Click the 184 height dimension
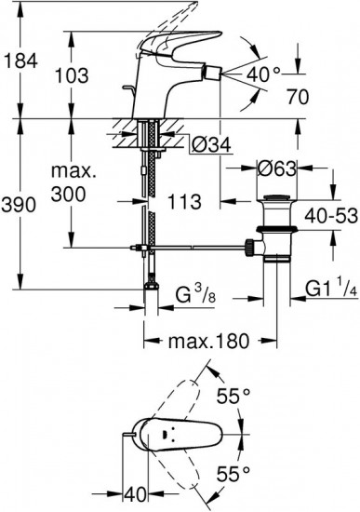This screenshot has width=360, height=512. click(20, 61)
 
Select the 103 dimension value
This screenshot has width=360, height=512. click(72, 75)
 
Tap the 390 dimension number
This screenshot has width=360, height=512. click(19, 206)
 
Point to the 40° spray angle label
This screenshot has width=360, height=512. click(263, 74)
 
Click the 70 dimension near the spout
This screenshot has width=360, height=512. click(298, 97)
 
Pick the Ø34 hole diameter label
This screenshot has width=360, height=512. click(211, 145)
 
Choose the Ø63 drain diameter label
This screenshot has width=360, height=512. click(277, 168)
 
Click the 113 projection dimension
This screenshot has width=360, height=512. click(184, 202)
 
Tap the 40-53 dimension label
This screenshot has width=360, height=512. click(331, 216)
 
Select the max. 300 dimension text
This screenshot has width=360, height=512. click(73, 182)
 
